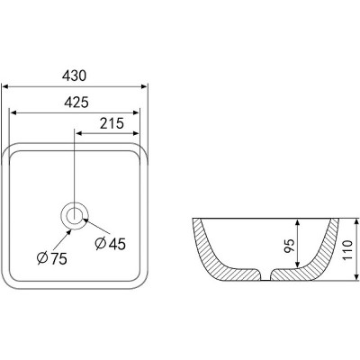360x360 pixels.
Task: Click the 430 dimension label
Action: click(x=74, y=76)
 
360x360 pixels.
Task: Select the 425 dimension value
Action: click(x=76, y=103)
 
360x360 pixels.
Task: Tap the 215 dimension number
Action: click(x=112, y=123)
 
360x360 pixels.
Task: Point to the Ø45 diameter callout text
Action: click(x=110, y=243)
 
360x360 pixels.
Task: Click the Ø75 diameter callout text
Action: click(x=52, y=258)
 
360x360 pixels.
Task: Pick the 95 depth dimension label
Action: click(x=290, y=246)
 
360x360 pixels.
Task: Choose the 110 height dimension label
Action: click(x=347, y=250)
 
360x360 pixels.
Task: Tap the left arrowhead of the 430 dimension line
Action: click(x=5, y=86)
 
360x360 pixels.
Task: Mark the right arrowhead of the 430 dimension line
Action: click(x=144, y=86)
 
